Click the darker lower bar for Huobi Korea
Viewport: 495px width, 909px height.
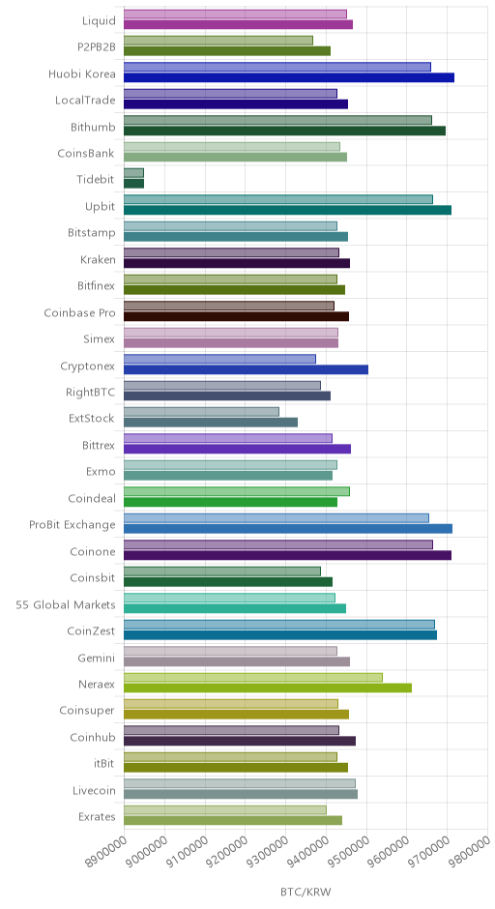289,77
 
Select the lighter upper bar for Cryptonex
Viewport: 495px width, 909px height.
219,359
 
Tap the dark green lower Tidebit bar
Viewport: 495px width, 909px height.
133,183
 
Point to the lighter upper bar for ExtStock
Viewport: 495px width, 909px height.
201,412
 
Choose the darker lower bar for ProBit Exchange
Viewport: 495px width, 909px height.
288,529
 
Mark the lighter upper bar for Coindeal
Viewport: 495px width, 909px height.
237,491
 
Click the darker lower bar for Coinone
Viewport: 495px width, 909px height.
287,555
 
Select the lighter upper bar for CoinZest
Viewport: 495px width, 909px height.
279,625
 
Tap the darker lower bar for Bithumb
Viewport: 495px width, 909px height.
284,131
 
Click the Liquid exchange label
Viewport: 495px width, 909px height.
100,21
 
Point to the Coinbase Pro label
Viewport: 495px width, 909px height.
80,313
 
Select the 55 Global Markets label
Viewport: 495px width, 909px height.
66,604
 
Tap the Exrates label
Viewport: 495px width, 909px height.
97,817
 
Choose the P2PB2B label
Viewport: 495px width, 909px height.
97,47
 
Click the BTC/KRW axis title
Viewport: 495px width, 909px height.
306,892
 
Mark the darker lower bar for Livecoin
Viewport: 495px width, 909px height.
241,794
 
